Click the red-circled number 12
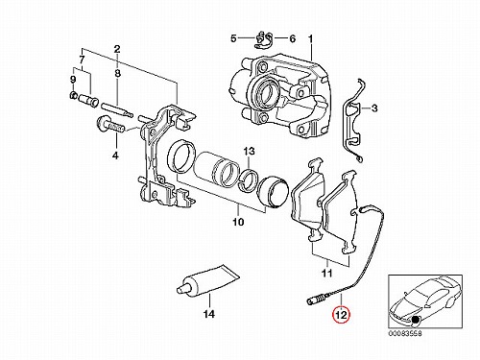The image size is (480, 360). coord(341,315)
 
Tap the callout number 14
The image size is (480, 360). coord(208,314)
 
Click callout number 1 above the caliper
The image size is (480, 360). coord(310,39)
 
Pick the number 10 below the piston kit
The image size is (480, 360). coord(238,222)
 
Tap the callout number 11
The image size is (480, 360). coord(326,273)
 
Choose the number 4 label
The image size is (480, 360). coord(115,156)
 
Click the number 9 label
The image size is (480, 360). coord(73,80)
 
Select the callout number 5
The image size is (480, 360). coord(233,38)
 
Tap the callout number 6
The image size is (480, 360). coord(293,39)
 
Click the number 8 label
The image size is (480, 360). coord(117,73)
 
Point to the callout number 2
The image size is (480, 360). coord(117,49)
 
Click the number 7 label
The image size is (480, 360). coord(82,60)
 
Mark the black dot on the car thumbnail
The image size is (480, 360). coord(416,319)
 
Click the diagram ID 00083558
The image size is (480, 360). coord(405,333)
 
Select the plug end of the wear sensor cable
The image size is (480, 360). coord(316,300)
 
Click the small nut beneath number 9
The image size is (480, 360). coord(73,95)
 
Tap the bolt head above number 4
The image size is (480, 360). coord(103,123)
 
